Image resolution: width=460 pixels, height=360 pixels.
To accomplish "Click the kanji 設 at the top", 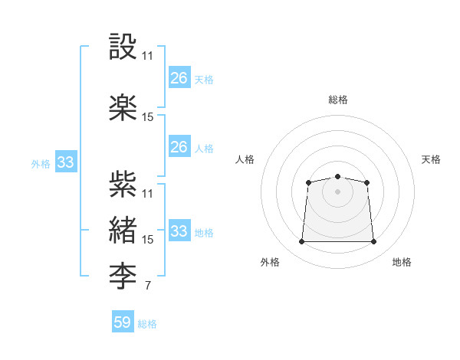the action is tap(123, 46).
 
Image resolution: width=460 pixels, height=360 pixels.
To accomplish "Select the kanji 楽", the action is tap(123, 107).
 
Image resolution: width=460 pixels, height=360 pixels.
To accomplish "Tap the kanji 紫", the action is tap(123, 184).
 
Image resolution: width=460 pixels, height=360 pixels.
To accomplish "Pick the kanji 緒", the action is tap(123, 230).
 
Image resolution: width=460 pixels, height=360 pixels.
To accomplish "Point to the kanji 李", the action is tap(123, 276).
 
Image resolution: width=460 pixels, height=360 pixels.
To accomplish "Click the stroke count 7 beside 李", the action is tap(147, 285).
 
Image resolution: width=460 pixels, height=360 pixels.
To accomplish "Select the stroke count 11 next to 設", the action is tap(147, 56).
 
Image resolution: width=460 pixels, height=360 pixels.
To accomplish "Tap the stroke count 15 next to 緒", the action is tap(147, 240).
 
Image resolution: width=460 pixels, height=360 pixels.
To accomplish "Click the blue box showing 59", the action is tap(123, 321).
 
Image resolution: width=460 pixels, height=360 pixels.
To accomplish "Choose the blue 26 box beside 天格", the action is tap(179, 77).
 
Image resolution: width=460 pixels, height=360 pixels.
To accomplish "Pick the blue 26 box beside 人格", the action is tap(179, 146).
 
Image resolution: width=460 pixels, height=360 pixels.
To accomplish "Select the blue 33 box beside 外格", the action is tap(66, 162).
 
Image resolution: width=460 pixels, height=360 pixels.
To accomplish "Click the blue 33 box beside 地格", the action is tap(179, 230).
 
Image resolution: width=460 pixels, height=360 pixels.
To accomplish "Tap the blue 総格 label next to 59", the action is tap(147, 324).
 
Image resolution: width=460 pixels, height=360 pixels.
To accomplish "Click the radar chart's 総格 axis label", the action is tap(338, 100).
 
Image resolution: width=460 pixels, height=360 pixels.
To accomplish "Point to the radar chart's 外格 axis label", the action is tap(270, 262).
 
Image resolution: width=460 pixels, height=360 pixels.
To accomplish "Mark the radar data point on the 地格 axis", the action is tap(373, 241).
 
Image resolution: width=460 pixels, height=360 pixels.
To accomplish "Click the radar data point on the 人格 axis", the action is tap(308, 182).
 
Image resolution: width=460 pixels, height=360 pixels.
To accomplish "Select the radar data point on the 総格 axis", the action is tap(337, 176).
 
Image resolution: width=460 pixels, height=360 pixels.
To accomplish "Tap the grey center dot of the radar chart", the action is tap(337, 191).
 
